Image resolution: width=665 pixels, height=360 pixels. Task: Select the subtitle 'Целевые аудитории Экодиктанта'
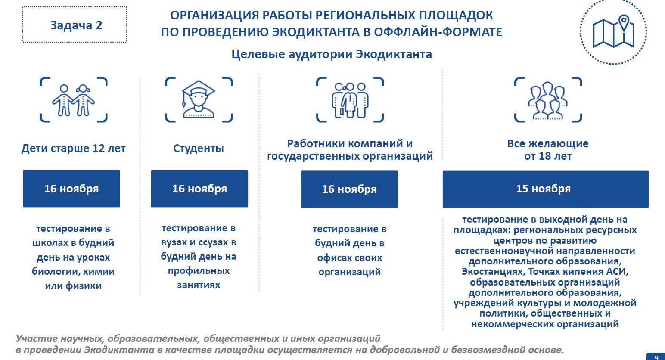tap(332, 54)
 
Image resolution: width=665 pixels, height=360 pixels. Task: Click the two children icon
tap(73, 100)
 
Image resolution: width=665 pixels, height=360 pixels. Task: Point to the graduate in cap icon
tap(199, 99)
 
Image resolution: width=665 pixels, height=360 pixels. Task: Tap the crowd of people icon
tap(548, 100)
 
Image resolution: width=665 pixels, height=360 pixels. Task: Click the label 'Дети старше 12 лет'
tap(73, 148)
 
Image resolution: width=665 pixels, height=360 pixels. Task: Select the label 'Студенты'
tap(198, 148)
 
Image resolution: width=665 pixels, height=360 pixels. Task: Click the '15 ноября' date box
tap(545, 189)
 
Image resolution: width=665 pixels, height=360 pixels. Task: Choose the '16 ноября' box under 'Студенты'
tap(199, 189)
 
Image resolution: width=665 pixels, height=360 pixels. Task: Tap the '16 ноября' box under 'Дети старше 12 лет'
tap(71, 189)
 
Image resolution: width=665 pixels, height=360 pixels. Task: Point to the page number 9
tap(656, 357)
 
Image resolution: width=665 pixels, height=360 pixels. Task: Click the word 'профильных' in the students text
tap(199, 271)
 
